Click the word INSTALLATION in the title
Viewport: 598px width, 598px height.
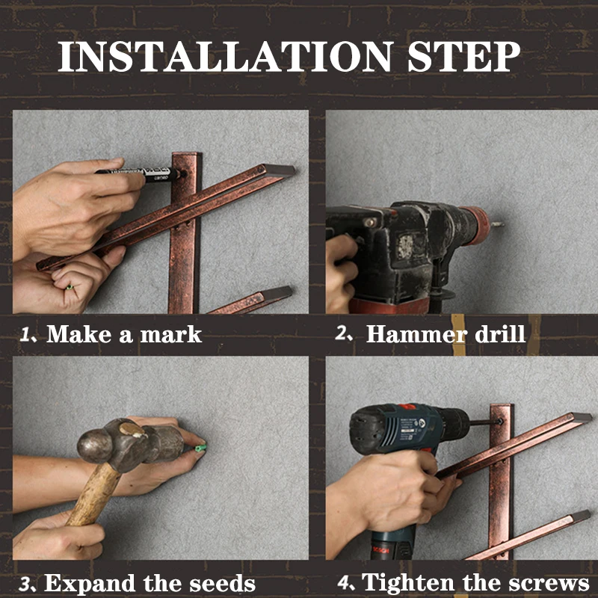tap(226, 57)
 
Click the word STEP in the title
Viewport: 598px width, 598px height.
tap(463, 57)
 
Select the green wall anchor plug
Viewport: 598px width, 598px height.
tap(200, 447)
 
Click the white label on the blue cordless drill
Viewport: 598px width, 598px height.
tap(410, 425)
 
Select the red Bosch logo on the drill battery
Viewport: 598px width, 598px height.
tap(381, 550)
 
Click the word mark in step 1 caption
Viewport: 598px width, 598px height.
tap(171, 335)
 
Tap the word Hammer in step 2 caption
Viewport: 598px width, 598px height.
tap(416, 334)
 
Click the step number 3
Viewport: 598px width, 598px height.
tap(25, 584)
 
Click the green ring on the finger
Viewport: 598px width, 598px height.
tap(69, 287)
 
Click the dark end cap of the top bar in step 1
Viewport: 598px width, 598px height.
tap(279, 170)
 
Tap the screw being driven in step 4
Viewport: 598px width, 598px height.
tap(499, 422)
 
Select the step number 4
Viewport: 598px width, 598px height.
tap(345, 582)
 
